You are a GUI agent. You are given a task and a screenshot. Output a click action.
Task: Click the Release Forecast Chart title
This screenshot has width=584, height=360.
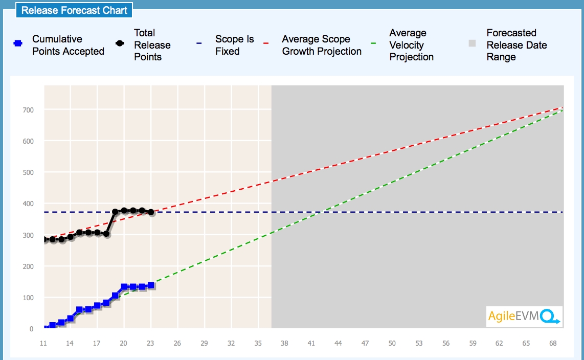[x=74, y=10]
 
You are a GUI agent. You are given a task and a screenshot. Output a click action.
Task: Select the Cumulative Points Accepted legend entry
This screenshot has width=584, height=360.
[x=68, y=45]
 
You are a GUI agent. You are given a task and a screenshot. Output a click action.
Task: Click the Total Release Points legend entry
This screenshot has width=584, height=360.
[x=152, y=45]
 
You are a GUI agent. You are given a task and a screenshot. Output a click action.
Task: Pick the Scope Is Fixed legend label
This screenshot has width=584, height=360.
[x=234, y=45]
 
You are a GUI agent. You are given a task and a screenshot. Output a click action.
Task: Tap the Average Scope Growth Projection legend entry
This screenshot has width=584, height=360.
[x=322, y=45]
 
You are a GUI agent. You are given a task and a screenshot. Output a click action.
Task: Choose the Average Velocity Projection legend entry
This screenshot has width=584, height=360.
[x=411, y=45]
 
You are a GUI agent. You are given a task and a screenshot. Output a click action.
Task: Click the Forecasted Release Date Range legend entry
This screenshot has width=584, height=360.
[x=516, y=45]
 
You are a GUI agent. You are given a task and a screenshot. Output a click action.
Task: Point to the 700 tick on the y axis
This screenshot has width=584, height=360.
[x=28, y=110]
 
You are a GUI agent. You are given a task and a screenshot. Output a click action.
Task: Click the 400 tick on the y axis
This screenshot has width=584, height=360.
[x=28, y=204]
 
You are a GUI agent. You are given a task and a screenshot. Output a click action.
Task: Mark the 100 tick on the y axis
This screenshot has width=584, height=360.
[x=28, y=298]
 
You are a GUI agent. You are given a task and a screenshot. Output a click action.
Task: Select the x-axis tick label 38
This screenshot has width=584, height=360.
[x=285, y=344]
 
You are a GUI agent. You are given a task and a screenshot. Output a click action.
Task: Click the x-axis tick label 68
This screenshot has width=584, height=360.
[x=553, y=344]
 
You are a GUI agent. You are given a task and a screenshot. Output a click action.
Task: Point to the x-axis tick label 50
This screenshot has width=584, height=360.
[x=392, y=344]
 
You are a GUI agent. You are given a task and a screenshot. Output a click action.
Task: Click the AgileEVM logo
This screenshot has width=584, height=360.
[x=524, y=317]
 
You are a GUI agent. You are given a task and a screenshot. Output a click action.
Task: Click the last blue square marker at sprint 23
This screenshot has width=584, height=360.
[x=151, y=285]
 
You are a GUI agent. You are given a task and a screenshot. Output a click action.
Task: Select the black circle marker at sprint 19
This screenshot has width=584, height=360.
[x=115, y=212]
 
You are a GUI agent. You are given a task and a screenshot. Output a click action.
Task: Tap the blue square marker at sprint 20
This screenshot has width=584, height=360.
[x=124, y=287]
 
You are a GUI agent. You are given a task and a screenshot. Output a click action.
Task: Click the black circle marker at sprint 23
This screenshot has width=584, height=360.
[x=151, y=212]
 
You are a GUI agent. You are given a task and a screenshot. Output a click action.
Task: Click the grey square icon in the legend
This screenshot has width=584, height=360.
[x=473, y=44]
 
